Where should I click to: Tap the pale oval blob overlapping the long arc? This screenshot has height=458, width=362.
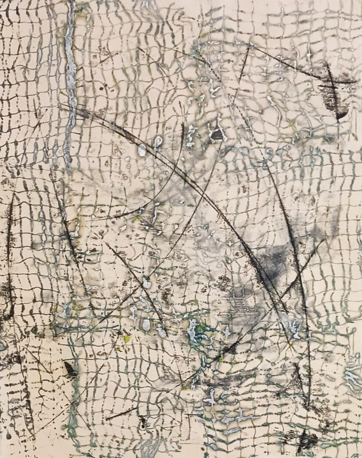pos(142,151)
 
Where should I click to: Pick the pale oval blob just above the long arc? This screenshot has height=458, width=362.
pos(157,142)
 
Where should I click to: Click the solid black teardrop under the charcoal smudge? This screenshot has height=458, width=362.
pos(342,115)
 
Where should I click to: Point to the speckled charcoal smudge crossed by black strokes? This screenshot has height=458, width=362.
pos(335,92)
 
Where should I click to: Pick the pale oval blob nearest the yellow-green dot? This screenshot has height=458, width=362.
pos(146,324)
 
